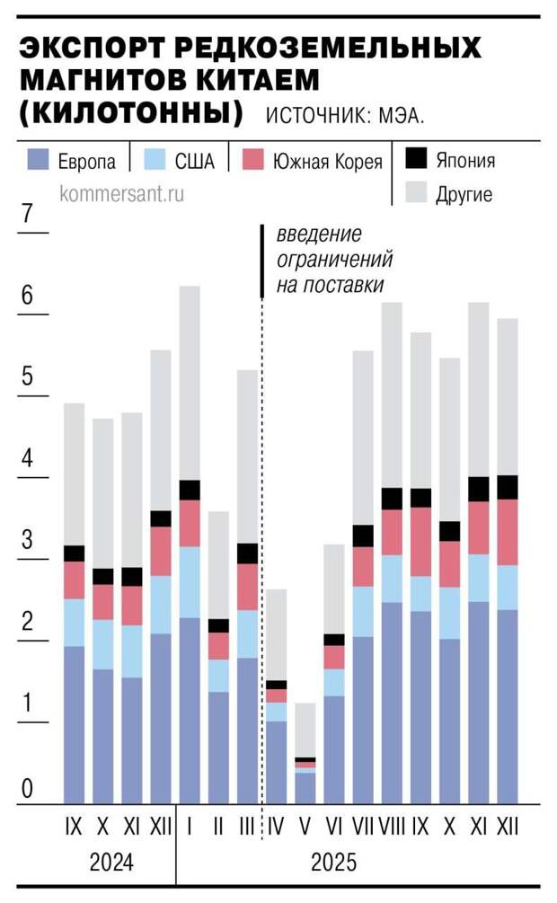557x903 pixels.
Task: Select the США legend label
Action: tap(194, 162)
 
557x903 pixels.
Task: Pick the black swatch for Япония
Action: tap(416, 159)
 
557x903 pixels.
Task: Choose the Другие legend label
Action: tap(464, 194)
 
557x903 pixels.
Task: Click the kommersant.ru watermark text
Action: tap(121, 193)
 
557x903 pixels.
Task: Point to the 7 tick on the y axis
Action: tap(27, 215)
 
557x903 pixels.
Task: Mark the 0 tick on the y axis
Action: tap(27, 790)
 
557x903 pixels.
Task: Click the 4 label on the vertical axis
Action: tap(27, 459)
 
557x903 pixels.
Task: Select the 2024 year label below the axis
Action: tap(111, 863)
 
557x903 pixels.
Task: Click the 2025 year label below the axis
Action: tap(333, 863)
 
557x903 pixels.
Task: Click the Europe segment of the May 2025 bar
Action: tap(305, 788)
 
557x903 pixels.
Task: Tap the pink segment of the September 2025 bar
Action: tap(420, 542)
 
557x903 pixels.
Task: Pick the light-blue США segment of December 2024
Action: tap(160, 605)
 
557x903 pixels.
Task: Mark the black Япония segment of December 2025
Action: tap(508, 487)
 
